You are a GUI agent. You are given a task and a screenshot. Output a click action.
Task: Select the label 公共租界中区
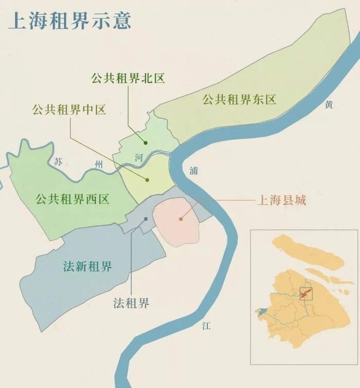69,109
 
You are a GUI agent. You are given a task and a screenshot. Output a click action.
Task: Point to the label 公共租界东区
239,100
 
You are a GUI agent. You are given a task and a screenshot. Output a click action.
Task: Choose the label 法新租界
87,267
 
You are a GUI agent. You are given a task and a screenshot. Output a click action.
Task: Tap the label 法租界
131,303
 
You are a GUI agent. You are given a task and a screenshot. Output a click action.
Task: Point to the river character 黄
329,105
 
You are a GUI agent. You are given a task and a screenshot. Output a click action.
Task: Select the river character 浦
193,171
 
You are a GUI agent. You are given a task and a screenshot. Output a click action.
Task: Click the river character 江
206,325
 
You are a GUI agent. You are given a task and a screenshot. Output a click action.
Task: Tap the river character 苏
58,161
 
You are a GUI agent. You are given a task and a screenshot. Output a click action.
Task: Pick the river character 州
99,165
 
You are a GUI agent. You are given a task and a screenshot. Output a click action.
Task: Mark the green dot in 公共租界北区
146,143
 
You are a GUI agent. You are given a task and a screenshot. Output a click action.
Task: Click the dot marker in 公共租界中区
148,180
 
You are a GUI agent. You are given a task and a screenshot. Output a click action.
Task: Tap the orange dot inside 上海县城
181,219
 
